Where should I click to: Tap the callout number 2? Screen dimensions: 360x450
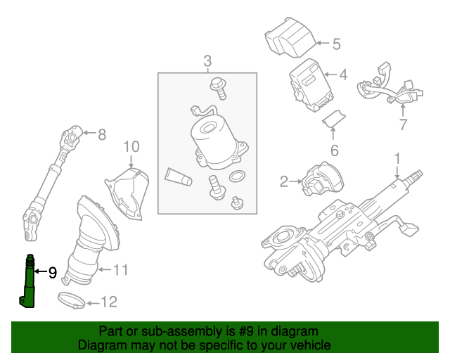click(x=284, y=182)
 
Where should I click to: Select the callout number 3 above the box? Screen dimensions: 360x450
click(x=207, y=61)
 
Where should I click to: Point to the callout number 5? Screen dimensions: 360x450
click(x=335, y=44)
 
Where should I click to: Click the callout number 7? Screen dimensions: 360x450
click(x=403, y=127)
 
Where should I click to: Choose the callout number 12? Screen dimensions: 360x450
click(x=109, y=302)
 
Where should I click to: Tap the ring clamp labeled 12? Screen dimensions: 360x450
click(x=71, y=301)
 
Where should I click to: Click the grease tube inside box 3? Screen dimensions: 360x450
click(x=179, y=178)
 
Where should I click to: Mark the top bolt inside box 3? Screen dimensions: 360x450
click(x=217, y=87)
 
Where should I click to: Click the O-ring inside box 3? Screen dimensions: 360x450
click(x=238, y=175)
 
